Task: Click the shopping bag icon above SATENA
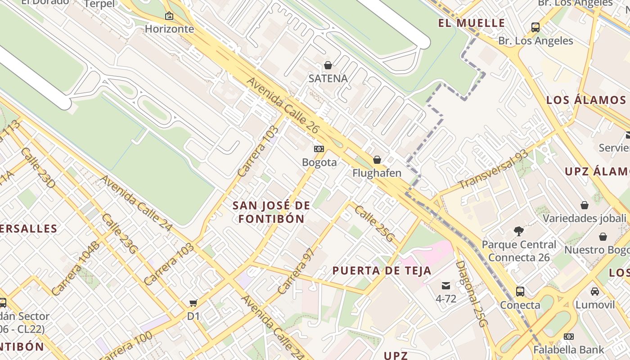point(328,65)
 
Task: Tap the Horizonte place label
point(169,29)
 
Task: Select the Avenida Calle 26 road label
point(283,106)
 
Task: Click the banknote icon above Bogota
point(319,149)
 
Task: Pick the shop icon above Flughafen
point(377,160)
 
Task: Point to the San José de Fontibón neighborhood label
point(271,212)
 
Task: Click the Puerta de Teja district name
point(382,271)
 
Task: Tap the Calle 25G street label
point(374,224)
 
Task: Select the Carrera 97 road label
point(295,271)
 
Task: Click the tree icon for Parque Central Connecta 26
point(518,231)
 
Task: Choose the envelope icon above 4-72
point(445,285)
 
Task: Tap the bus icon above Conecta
point(520,292)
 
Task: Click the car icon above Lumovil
point(595,292)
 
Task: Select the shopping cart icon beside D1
point(193,303)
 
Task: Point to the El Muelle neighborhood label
point(472,23)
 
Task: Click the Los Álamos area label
point(586,100)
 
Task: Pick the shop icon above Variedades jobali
point(584,205)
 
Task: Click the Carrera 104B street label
point(75,269)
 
